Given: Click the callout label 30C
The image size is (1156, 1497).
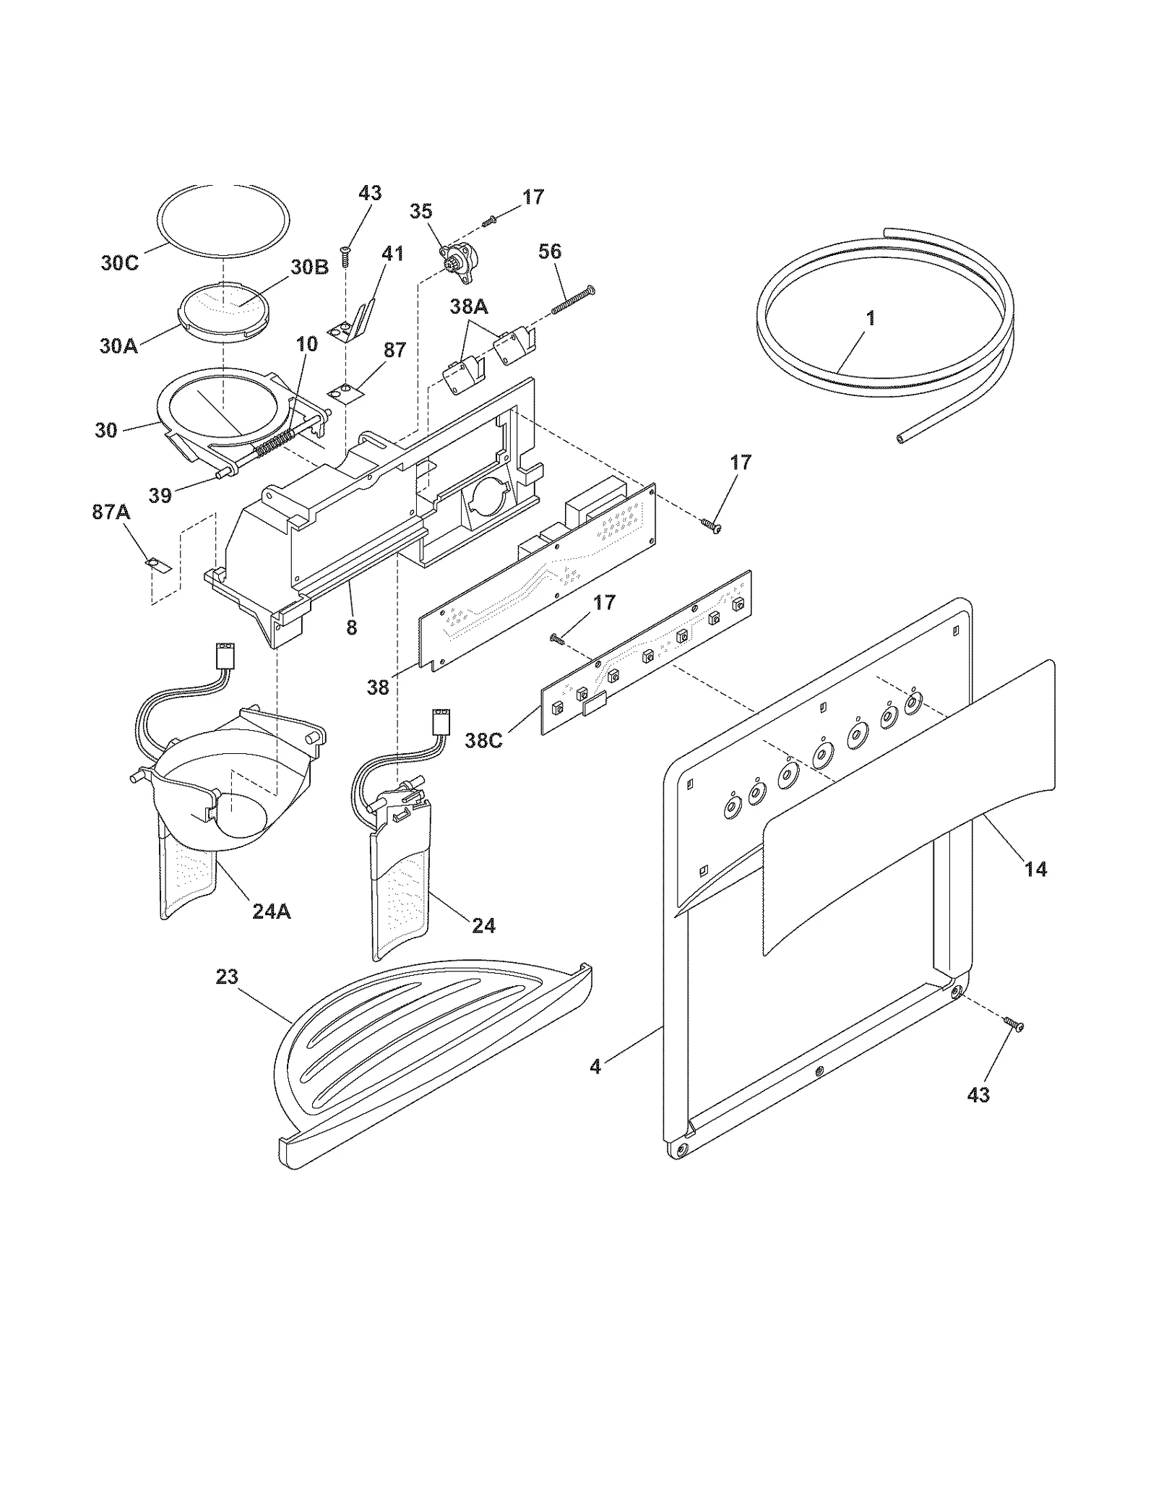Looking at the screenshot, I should tap(119, 263).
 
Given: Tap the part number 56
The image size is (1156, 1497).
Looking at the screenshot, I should tap(550, 252).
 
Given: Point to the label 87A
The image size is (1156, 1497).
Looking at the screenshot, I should tap(111, 512).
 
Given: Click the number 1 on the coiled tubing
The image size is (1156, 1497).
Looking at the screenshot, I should tap(871, 318).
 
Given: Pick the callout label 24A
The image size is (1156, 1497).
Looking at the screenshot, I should tap(272, 912).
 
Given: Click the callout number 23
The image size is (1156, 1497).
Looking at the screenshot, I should tap(227, 977).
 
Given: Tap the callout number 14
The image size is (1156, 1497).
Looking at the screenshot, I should tap(1035, 869).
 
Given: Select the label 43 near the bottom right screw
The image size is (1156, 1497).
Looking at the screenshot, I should tap(978, 1095).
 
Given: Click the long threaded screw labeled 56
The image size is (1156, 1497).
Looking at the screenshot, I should tap(573, 299).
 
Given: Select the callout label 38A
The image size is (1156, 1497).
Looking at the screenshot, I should tap(468, 306).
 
